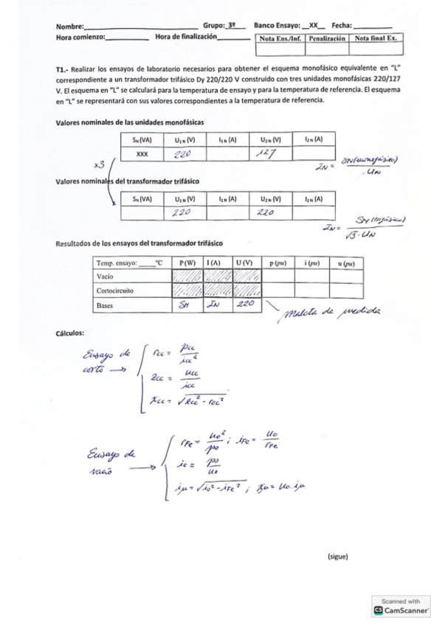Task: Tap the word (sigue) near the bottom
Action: pos(337,556)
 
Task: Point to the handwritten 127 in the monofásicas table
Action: pos(264,154)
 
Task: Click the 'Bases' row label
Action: pos(106,304)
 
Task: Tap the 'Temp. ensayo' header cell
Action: pos(128,262)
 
